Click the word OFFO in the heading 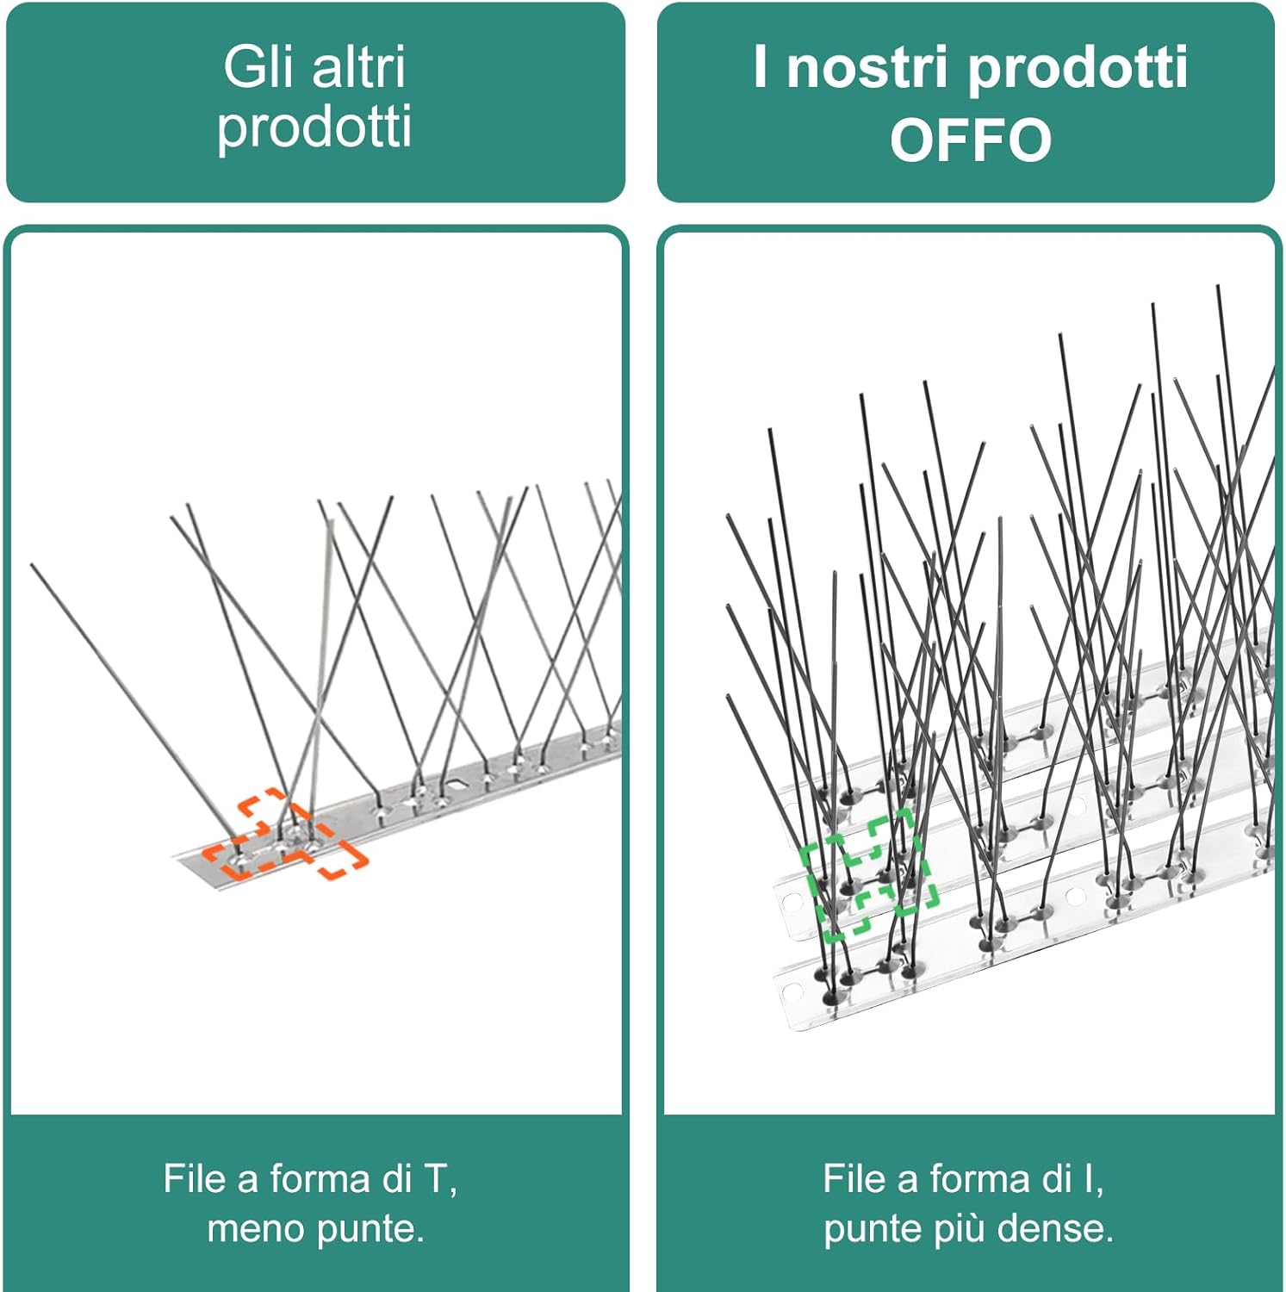pos(971,140)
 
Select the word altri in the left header pos(358,66)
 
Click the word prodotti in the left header pos(314,127)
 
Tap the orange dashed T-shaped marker pos(285,840)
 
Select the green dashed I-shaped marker pos(869,873)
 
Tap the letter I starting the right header pos(760,66)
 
